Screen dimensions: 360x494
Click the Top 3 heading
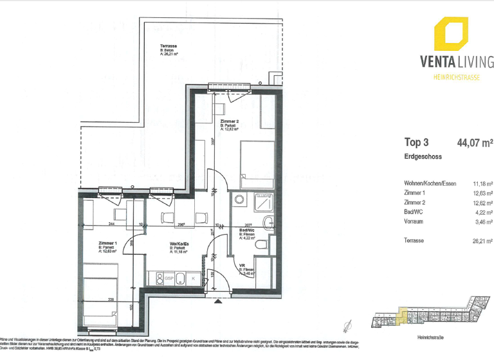pos(417,143)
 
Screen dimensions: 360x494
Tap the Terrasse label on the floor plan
pos(169,46)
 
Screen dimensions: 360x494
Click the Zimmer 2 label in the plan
pos(230,122)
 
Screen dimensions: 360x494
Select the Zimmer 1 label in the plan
pos(107,244)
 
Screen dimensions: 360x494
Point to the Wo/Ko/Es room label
pos(179,244)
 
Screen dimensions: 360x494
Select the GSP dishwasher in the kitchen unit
pos(169,278)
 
